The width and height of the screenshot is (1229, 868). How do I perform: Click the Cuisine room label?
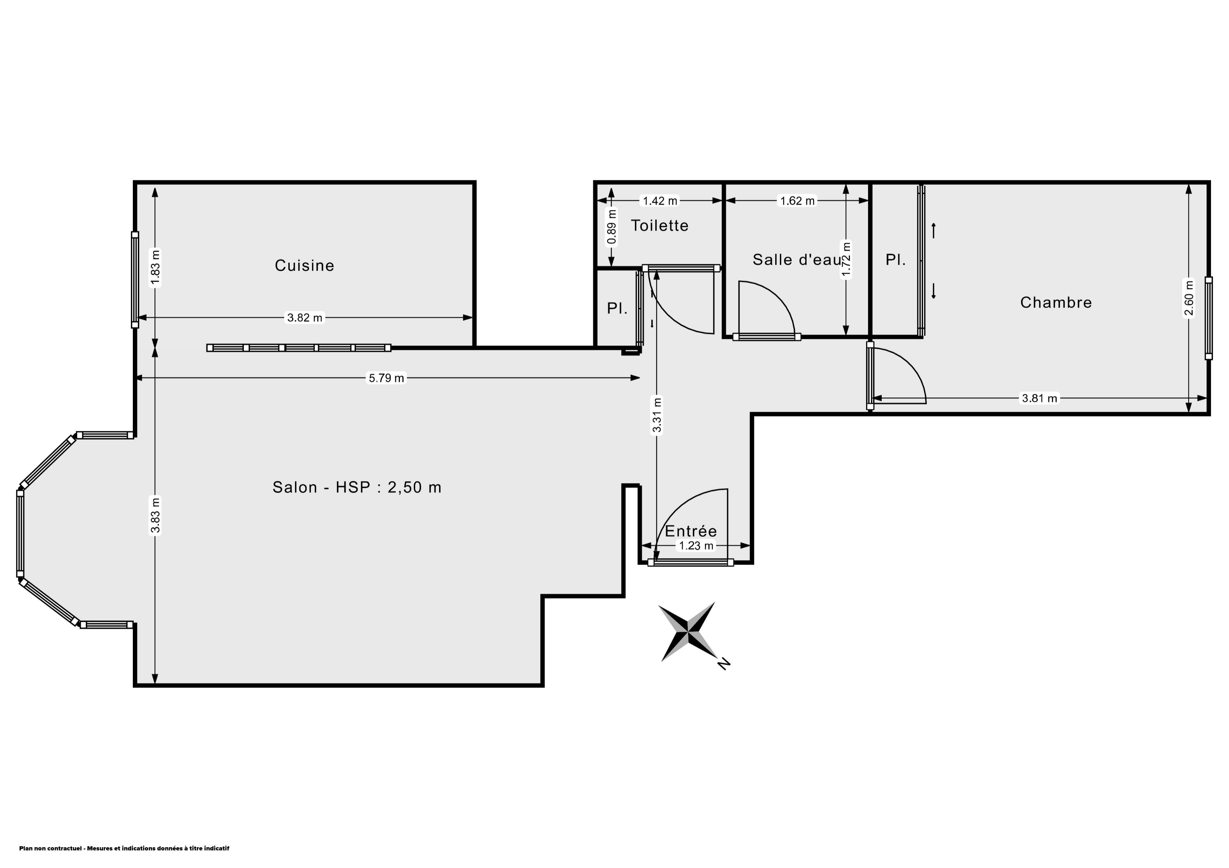(305, 265)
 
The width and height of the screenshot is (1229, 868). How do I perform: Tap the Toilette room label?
(659, 226)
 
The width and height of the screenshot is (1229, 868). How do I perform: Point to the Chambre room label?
(1056, 303)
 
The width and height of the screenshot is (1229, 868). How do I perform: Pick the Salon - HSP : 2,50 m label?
(357, 487)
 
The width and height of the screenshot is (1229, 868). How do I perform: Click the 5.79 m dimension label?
(387, 378)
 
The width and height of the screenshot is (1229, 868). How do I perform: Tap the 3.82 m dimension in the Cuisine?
(305, 318)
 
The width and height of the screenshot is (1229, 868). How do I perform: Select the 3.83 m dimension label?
(155, 516)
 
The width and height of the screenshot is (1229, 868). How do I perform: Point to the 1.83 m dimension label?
(155, 269)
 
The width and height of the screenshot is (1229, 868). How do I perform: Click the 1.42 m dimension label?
(660, 201)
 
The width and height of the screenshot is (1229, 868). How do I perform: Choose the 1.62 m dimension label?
(798, 201)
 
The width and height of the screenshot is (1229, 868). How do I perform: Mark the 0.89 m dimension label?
(612, 227)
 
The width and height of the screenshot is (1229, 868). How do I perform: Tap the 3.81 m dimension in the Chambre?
(1040, 398)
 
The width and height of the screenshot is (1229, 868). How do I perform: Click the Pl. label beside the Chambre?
(896, 260)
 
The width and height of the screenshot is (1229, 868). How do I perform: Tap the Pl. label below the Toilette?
(617, 309)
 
